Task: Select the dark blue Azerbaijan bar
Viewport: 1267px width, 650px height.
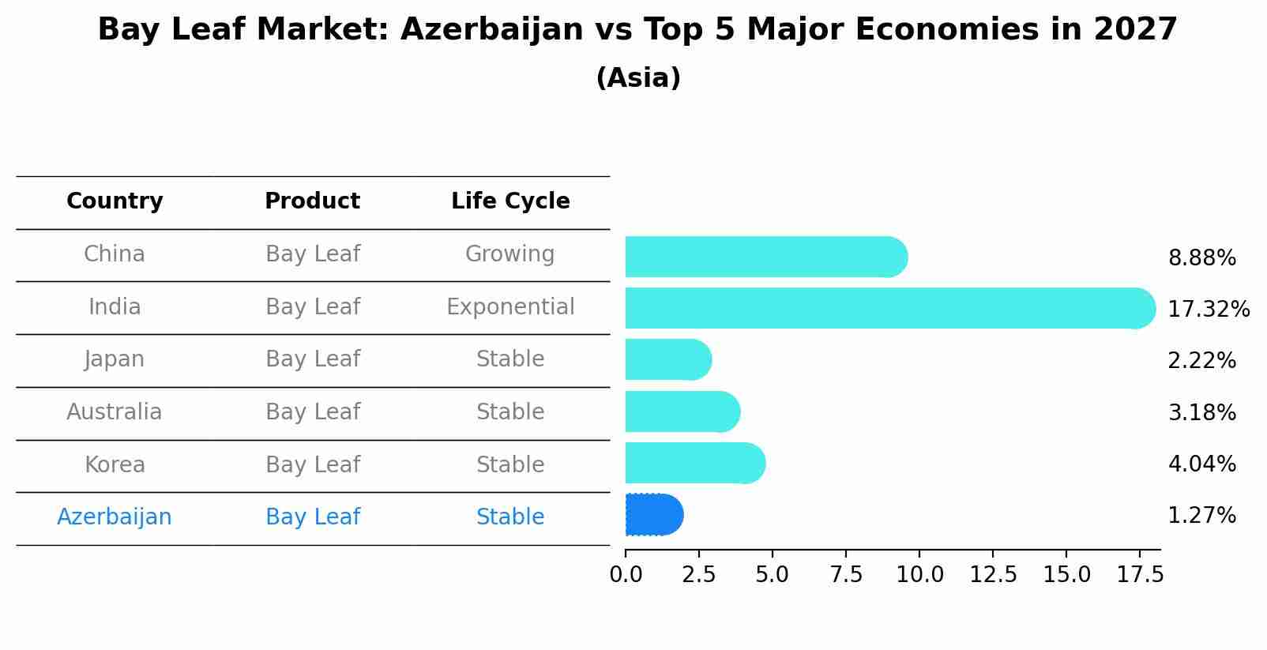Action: tap(653, 515)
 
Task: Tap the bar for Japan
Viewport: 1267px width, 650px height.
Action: tap(667, 359)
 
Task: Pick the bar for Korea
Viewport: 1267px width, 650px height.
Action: tap(694, 463)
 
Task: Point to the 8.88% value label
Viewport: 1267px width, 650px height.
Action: tap(1201, 258)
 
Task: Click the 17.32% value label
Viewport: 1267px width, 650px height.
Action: tap(1208, 309)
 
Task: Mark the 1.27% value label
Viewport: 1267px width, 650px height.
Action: tap(1201, 516)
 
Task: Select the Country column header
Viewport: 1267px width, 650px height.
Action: tap(115, 201)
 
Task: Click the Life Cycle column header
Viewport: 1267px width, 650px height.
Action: tap(510, 201)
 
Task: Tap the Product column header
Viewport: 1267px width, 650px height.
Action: tap(312, 201)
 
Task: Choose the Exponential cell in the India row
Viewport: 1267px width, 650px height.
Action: tap(510, 307)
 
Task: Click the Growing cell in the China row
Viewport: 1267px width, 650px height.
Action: tap(509, 254)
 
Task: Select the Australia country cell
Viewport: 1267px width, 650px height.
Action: tap(115, 412)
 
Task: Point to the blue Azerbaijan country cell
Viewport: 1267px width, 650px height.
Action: tap(115, 517)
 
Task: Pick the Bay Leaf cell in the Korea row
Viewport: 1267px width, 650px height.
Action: tap(313, 465)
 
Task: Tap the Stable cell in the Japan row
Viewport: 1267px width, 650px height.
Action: tap(510, 359)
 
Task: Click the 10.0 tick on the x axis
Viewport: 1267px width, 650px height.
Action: tap(919, 575)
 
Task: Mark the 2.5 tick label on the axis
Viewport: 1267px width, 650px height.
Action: tap(699, 575)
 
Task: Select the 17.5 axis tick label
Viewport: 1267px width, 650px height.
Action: tap(1140, 575)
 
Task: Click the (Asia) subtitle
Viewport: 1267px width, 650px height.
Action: tap(638, 78)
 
